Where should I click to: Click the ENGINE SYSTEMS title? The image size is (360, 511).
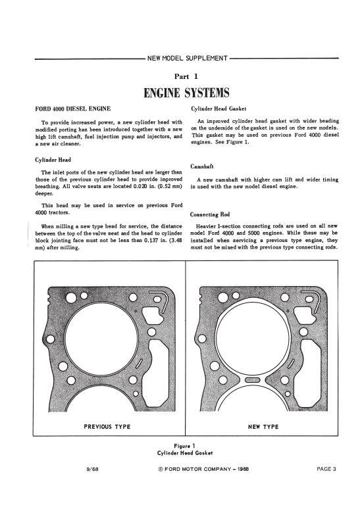click(x=186, y=93)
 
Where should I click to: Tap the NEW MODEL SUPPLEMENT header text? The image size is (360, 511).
click(x=187, y=59)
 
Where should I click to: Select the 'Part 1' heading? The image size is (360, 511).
click(x=186, y=76)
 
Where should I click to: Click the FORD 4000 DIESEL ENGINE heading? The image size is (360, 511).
click(x=72, y=109)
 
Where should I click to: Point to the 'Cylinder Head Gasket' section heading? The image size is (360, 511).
click(x=219, y=109)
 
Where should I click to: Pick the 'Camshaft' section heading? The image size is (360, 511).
click(x=202, y=166)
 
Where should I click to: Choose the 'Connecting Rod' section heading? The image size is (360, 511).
click(x=210, y=214)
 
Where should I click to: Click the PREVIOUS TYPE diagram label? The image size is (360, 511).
click(x=107, y=427)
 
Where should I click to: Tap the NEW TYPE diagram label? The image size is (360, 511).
click(x=263, y=427)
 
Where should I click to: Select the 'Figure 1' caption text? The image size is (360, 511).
click(x=184, y=446)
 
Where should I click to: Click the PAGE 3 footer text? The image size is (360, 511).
click(x=326, y=469)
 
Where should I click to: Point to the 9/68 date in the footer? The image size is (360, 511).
click(x=92, y=469)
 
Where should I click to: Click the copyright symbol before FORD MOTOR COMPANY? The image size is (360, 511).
click(x=161, y=470)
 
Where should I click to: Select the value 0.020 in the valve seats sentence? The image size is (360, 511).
click(x=141, y=186)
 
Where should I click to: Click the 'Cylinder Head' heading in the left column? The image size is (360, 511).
click(x=53, y=160)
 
